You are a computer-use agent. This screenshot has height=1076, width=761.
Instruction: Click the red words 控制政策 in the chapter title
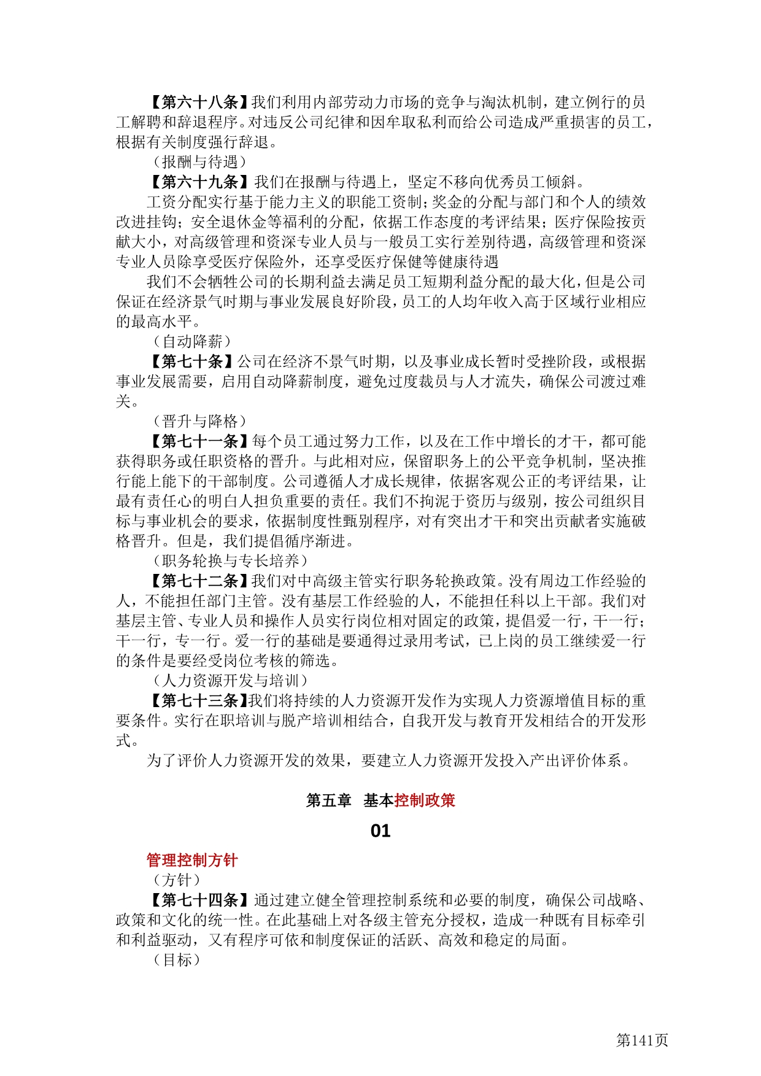coord(425,800)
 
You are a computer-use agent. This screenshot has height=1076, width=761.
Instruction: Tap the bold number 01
coord(381,831)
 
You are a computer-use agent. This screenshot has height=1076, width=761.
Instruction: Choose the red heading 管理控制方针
coord(192,860)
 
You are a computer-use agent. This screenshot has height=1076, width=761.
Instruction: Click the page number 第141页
coord(642,1040)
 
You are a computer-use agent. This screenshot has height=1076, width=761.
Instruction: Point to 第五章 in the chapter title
coord(328,800)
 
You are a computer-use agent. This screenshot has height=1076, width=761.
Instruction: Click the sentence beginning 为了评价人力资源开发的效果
coord(388,761)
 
